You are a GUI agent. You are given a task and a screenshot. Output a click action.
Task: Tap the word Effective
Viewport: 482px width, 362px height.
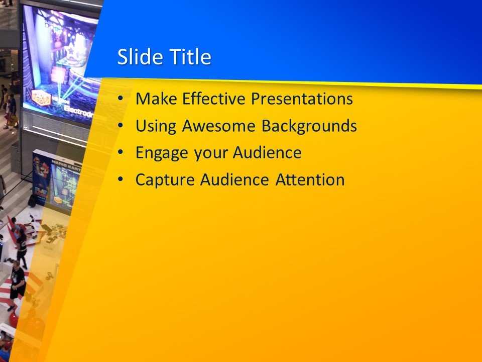pyautogui.click(x=214, y=99)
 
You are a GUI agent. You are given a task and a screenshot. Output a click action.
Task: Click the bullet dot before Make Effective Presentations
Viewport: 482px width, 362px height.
pyautogui.click(x=119, y=99)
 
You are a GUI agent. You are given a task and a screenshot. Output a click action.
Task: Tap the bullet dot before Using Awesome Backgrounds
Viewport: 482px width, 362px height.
pyautogui.click(x=119, y=126)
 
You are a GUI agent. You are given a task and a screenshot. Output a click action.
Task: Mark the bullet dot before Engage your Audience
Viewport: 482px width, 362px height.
pyautogui.click(x=119, y=153)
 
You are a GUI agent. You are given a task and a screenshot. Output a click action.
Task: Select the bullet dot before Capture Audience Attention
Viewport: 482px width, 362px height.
pyautogui.click(x=119, y=179)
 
